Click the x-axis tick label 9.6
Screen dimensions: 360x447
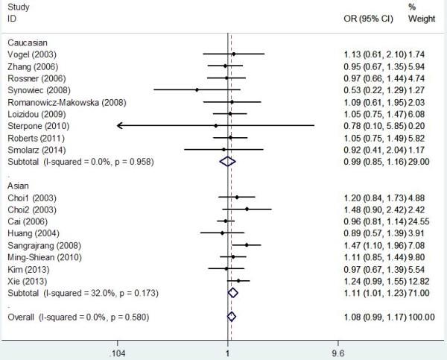337,351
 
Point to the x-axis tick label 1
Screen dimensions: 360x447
227,351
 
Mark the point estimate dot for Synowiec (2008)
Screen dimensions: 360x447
197,89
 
